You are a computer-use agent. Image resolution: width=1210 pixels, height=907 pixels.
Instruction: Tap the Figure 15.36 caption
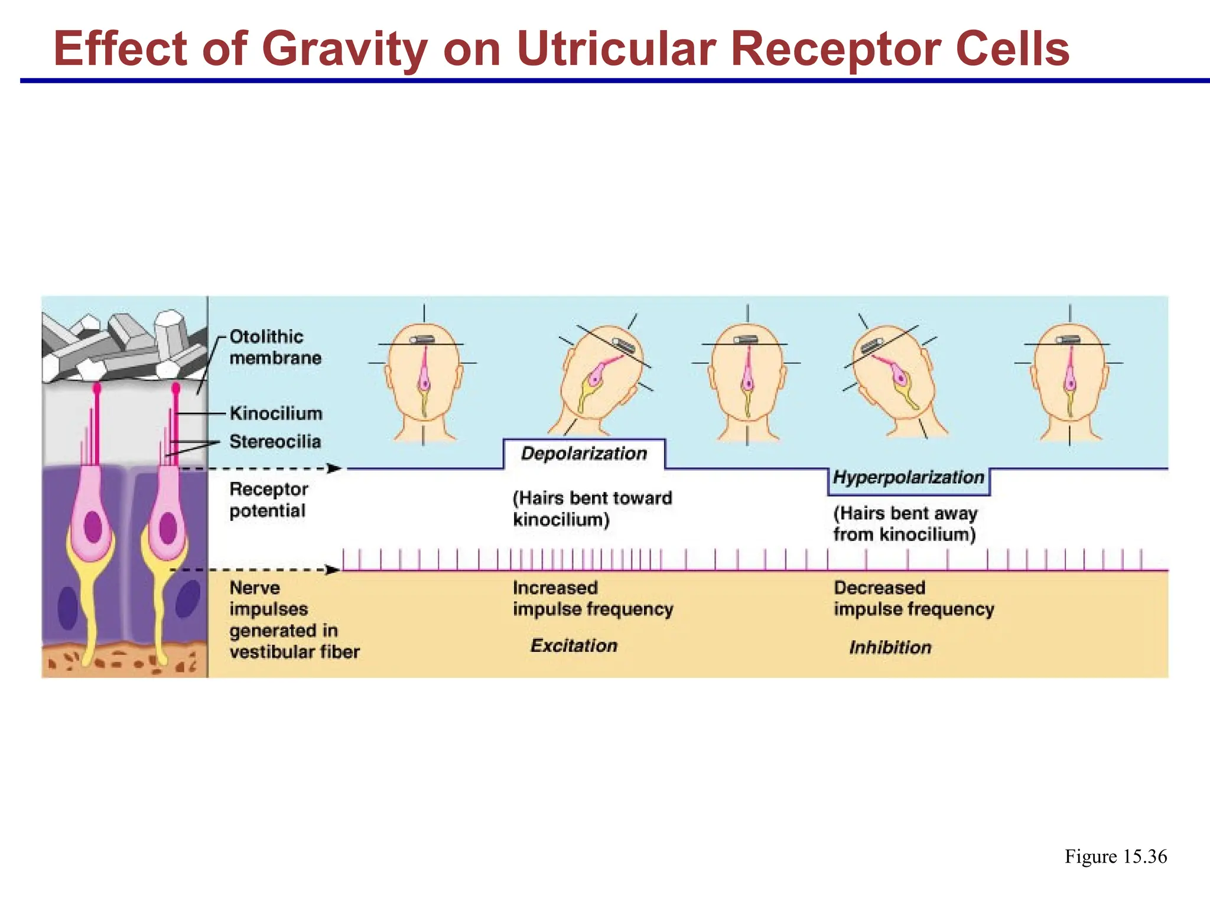tap(1115, 857)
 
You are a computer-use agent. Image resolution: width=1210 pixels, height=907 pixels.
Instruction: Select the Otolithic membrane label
tap(275, 347)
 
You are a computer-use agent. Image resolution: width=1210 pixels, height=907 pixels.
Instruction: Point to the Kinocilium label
tap(276, 413)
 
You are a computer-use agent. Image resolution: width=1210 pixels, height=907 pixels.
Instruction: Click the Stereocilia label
tap(275, 442)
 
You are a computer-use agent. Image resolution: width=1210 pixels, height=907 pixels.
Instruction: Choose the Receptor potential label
tap(268, 500)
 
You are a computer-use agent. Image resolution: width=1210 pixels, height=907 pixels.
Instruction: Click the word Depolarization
tap(584, 453)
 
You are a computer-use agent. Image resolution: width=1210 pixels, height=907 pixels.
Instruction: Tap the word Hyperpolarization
tap(908, 477)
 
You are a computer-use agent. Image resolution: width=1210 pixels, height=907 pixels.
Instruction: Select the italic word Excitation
tap(574, 645)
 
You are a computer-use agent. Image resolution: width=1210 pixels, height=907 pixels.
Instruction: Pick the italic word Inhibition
tap(890, 648)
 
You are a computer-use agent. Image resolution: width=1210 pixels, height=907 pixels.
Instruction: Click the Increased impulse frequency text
tap(593, 598)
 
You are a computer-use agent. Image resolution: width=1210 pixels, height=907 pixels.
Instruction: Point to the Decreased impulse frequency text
tap(913, 598)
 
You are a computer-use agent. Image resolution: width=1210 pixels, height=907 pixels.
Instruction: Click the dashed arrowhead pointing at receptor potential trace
tap(334, 469)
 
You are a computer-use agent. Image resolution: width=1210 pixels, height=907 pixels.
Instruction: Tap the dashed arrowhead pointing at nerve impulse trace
tap(333, 570)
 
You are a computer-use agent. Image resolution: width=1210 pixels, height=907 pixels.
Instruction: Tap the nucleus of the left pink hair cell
tap(93, 527)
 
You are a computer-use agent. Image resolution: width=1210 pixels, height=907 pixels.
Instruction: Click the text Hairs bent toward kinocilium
tap(591, 508)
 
